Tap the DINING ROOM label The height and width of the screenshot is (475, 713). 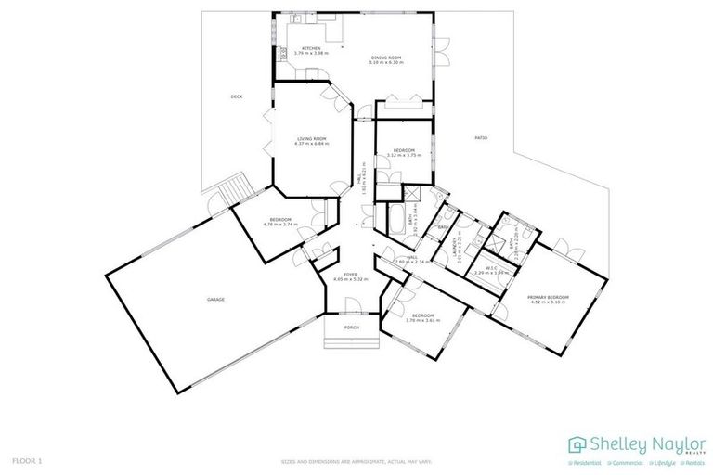(386, 58)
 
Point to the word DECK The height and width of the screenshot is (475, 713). (238, 96)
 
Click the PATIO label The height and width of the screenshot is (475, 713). (481, 138)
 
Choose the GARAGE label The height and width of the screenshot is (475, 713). (215, 300)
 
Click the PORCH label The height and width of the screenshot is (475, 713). (352, 327)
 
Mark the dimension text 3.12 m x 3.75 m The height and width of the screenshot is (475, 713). (403, 156)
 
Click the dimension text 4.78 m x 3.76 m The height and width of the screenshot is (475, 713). (279, 224)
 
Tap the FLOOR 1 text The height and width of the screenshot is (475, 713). (26, 460)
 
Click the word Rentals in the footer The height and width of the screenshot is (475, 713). (693, 461)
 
